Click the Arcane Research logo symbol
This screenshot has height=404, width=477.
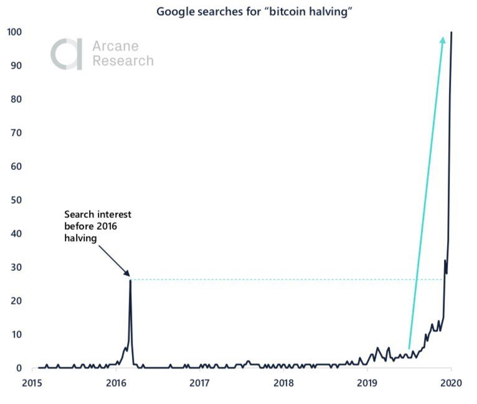click(x=66, y=54)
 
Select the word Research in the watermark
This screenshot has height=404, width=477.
click(x=123, y=61)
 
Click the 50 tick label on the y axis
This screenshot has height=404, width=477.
click(x=17, y=200)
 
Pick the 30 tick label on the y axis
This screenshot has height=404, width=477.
click(x=17, y=267)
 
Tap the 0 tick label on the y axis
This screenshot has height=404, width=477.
click(x=19, y=368)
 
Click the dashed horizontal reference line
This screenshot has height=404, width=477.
click(x=280, y=280)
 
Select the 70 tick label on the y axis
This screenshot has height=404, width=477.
click(x=17, y=133)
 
